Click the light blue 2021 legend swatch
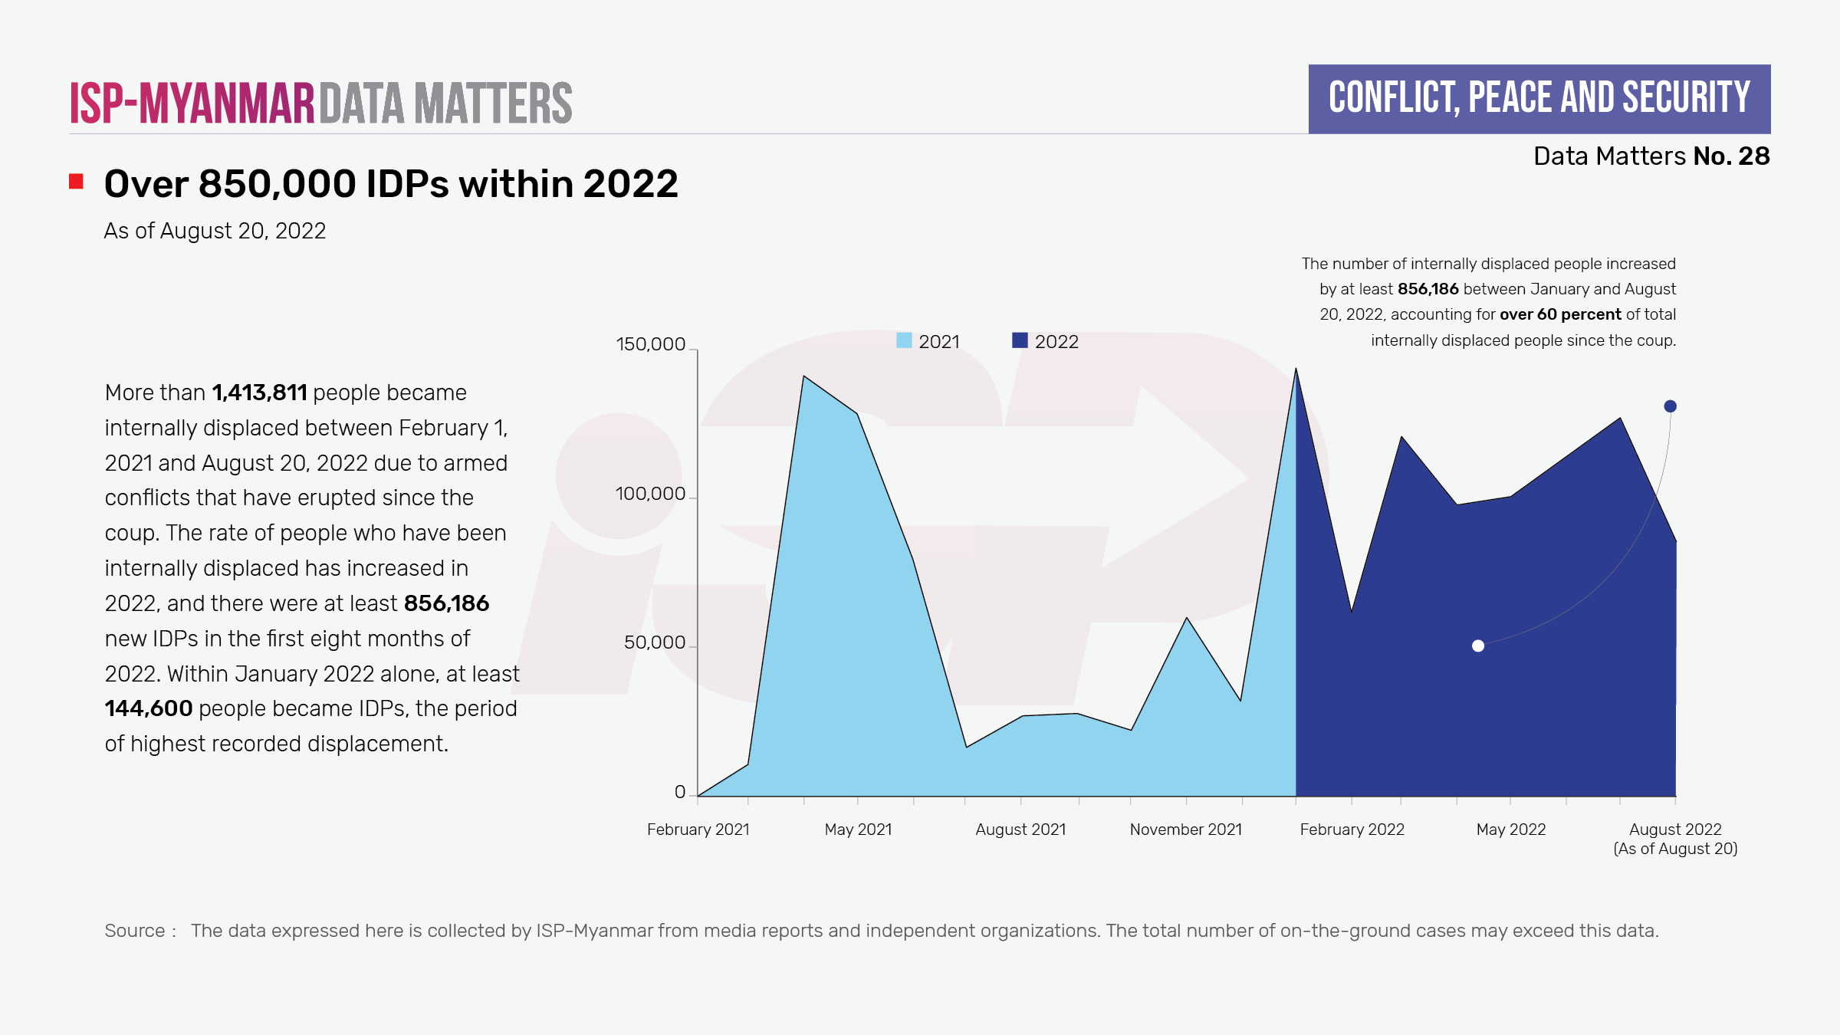click(904, 340)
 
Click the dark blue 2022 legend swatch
click(1020, 340)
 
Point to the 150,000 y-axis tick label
click(650, 344)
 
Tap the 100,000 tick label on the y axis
click(650, 494)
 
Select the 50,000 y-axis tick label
click(654, 642)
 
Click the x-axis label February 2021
click(698, 830)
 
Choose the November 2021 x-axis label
click(1185, 830)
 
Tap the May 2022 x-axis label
click(1510, 830)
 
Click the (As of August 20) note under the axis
click(1675, 849)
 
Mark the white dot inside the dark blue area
click(1478, 646)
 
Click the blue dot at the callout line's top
click(1670, 406)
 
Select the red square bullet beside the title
click(76, 182)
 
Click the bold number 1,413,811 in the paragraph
click(259, 393)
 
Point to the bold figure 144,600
click(149, 708)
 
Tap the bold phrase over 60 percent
click(1560, 314)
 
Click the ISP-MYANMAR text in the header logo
click(192, 103)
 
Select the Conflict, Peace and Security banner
click(1539, 99)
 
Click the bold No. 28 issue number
click(1731, 156)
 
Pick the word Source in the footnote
click(135, 931)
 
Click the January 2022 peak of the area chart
click(1296, 370)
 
